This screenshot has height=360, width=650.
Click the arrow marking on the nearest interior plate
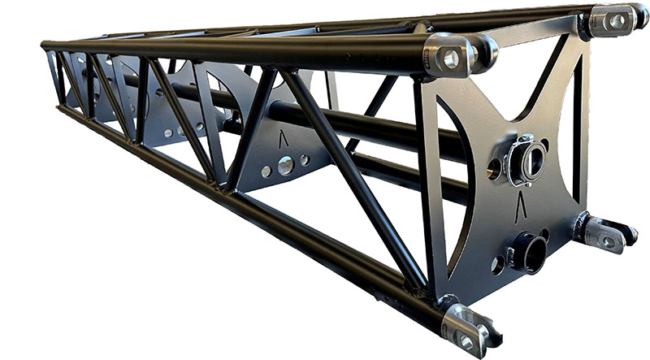point(283,139)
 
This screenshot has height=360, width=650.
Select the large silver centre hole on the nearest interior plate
point(286,166)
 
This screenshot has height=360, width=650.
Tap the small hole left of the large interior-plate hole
point(266,171)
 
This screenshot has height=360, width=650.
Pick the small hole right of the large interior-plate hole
point(305,160)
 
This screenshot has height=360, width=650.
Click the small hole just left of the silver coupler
point(494,168)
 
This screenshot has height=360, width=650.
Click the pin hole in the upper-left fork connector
point(451,58)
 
